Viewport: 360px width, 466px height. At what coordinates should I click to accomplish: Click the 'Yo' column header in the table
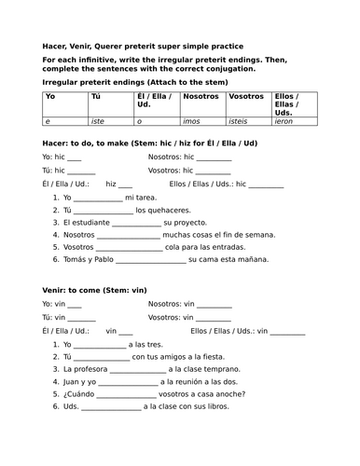pyautogui.click(x=50, y=97)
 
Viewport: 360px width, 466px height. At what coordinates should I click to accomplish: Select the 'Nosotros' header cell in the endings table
pyautogui.click(x=201, y=97)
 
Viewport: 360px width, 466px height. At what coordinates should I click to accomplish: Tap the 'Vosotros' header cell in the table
pyautogui.click(x=246, y=97)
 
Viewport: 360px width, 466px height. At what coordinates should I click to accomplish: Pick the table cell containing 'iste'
pyautogui.click(x=98, y=121)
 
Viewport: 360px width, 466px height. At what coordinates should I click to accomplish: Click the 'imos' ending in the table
pyautogui.click(x=193, y=121)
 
